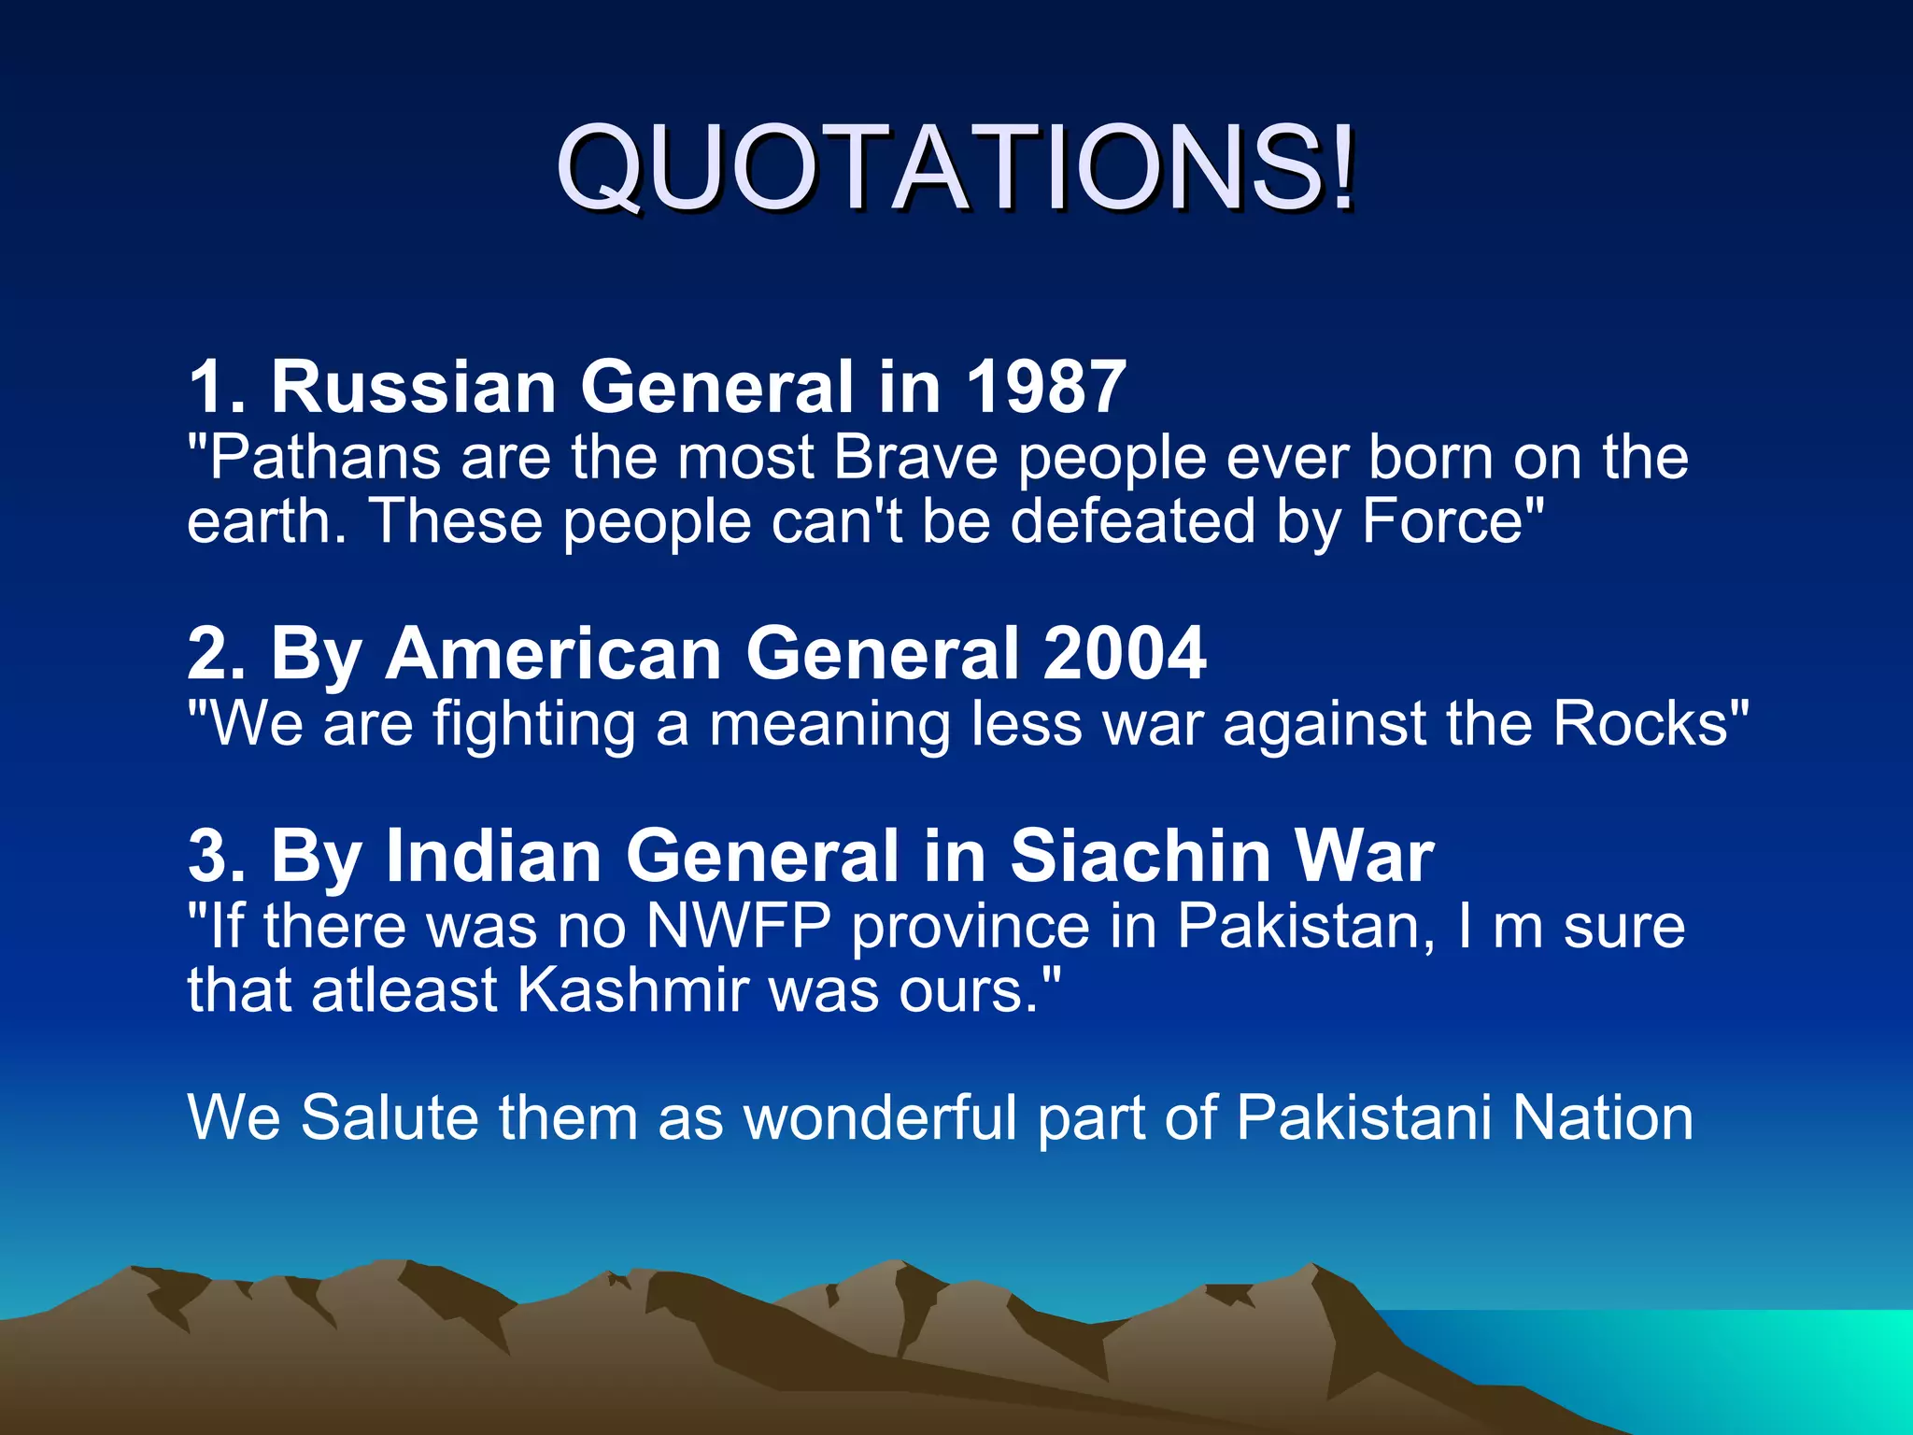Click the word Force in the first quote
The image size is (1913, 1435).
(1442, 521)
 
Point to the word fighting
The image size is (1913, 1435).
(533, 725)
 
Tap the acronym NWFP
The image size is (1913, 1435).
(738, 927)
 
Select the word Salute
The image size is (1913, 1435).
(389, 1117)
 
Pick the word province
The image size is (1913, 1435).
(971, 929)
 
